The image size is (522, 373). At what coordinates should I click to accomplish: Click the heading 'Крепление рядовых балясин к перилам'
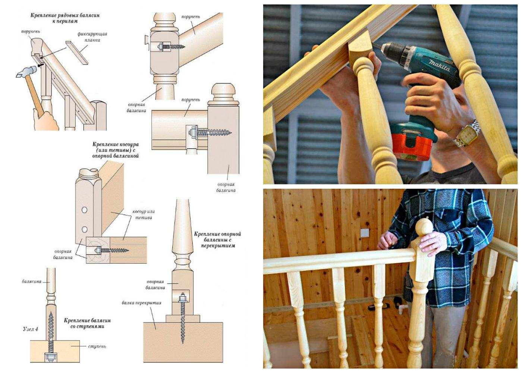click(65, 18)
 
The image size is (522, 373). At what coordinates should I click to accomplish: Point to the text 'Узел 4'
click(30, 329)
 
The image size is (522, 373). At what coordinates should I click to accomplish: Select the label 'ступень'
click(97, 346)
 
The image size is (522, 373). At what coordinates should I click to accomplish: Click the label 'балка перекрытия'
click(141, 303)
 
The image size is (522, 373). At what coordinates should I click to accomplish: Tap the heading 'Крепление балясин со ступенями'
click(87, 323)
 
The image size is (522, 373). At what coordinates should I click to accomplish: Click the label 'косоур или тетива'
click(143, 214)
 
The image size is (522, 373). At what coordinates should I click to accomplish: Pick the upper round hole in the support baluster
click(84, 210)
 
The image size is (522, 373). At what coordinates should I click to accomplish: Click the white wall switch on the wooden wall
click(365, 233)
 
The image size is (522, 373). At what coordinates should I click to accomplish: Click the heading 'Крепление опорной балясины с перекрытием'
click(217, 239)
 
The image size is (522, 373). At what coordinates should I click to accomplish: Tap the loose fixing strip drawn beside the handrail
click(77, 53)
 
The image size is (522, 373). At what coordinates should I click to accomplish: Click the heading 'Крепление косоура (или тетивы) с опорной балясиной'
click(115, 150)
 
